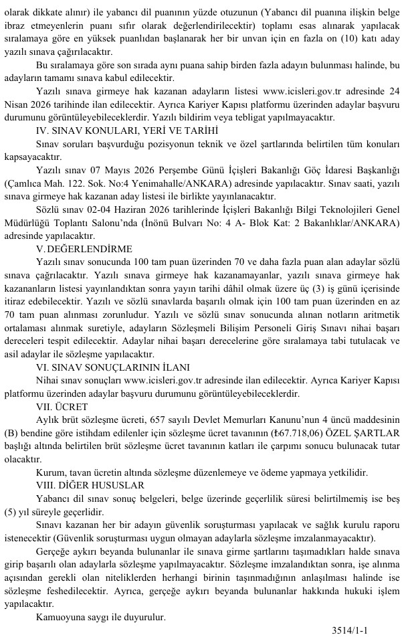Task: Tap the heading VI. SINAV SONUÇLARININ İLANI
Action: click(x=113, y=366)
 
